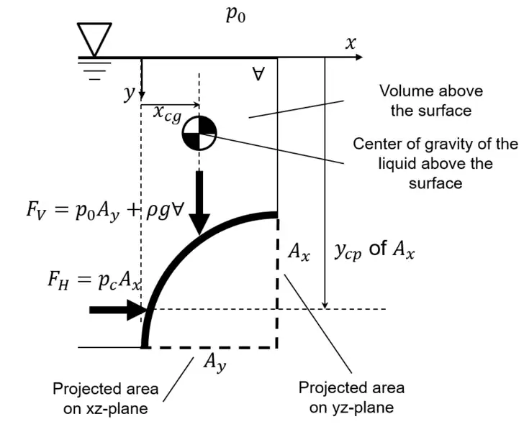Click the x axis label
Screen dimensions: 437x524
tap(351, 43)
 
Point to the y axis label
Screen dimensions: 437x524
tap(130, 94)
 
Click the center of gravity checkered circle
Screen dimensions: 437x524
tap(198, 132)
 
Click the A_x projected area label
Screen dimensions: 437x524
tap(298, 251)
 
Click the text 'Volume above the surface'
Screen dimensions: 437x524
tap(430, 101)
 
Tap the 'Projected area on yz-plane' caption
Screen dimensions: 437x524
tap(351, 398)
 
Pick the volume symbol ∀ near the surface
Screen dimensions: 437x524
tap(258, 73)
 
